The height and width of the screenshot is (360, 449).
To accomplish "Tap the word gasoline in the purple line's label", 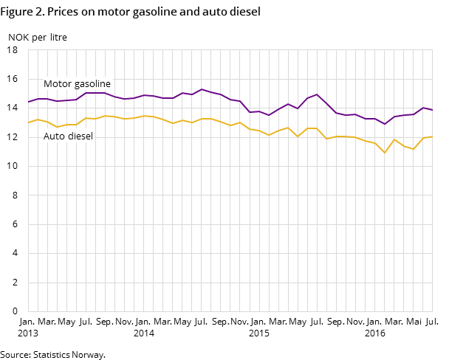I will [x=92, y=84].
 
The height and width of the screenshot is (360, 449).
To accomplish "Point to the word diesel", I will [x=80, y=136].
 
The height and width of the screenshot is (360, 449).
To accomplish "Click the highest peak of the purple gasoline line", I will [x=202, y=89].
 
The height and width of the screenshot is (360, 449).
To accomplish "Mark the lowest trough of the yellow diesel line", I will [x=385, y=153].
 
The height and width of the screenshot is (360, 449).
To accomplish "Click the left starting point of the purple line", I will [x=28, y=102].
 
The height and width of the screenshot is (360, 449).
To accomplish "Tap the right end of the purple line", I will [x=432, y=110].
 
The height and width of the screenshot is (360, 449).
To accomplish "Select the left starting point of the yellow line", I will [x=28, y=122].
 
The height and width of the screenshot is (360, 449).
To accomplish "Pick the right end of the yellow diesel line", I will [x=432, y=136].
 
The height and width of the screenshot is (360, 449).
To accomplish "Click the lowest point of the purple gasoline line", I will [x=385, y=124].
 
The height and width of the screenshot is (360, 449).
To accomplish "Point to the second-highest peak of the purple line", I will [x=317, y=94].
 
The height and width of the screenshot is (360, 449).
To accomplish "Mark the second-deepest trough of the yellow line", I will [x=414, y=149].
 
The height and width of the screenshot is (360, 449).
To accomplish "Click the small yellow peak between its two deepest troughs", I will [x=394, y=139].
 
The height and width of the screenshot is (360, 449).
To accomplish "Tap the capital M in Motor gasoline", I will [x=47, y=84].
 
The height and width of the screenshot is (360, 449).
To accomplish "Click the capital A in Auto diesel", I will [x=47, y=136].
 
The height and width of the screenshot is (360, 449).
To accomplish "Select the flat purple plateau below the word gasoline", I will [x=95, y=93].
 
